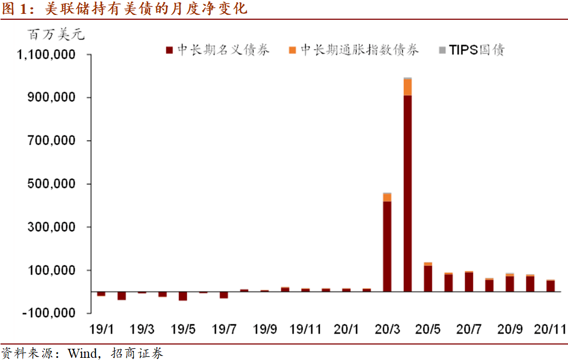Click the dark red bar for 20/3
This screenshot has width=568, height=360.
[x=387, y=246]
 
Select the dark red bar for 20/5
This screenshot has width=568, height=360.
[x=428, y=278]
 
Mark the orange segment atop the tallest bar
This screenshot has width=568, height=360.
[x=408, y=87]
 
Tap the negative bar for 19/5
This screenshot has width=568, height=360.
[x=183, y=296]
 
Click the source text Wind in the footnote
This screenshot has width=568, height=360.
[x=82, y=353]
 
